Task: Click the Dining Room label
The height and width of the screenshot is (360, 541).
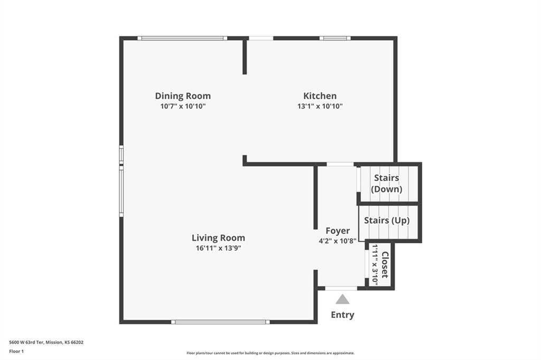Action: point(182,96)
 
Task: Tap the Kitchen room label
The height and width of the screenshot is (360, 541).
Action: point(320,96)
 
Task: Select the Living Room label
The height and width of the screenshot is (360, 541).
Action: point(218,238)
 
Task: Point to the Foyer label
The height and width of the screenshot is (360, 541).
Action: point(338,231)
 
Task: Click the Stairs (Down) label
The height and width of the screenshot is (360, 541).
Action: point(386,184)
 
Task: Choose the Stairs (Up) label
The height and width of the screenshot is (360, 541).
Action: point(387,220)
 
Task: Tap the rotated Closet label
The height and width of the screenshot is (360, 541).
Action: point(385,265)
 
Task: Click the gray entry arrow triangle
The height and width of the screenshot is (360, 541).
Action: point(342,299)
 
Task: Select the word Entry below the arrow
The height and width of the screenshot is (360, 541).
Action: point(342,315)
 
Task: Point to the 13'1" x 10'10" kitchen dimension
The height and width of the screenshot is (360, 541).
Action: point(320,106)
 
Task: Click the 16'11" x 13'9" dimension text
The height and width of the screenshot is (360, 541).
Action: point(218,248)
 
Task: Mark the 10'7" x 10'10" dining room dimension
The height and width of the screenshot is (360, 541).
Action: point(183,106)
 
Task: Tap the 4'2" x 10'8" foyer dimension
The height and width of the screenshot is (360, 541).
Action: point(338,241)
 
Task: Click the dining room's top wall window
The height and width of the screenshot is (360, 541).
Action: point(182,39)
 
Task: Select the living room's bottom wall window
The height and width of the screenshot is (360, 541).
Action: point(220,322)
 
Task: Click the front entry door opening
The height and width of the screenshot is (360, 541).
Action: point(341,288)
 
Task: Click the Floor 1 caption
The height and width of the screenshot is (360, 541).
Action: point(16,352)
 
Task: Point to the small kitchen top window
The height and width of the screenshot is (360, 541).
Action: point(335,39)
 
